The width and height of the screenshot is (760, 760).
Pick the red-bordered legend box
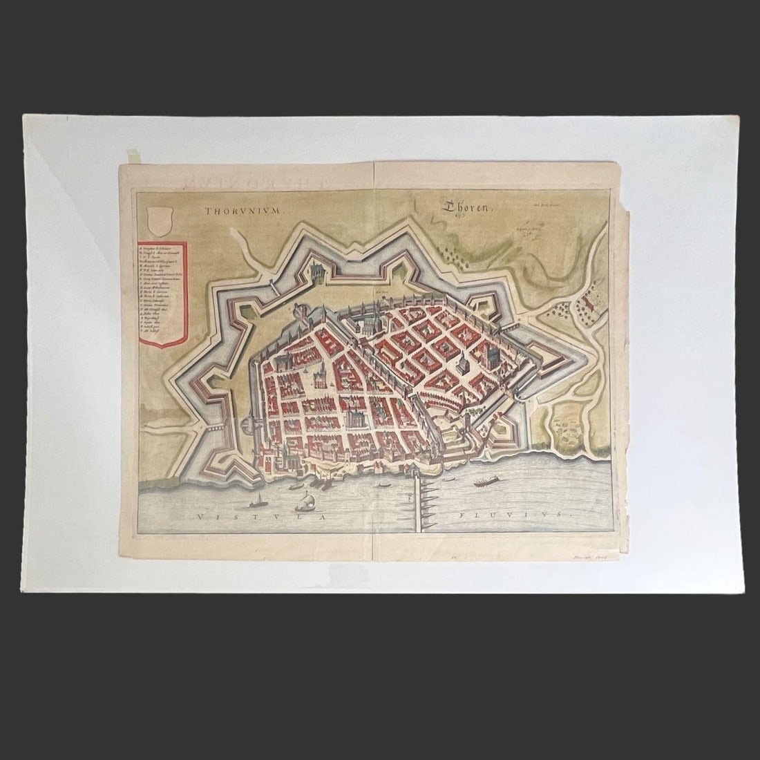pyautogui.click(x=162, y=291)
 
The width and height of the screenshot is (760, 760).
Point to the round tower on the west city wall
pyautogui.click(x=247, y=421)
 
